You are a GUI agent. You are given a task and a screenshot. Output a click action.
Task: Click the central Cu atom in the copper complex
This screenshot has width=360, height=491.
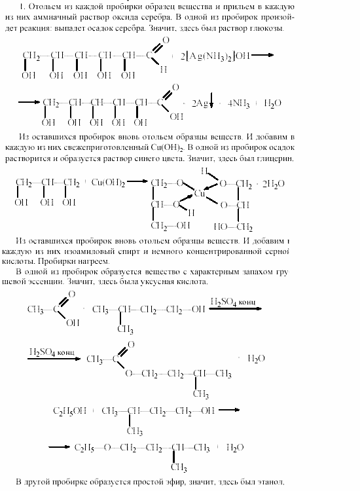pos(201,194)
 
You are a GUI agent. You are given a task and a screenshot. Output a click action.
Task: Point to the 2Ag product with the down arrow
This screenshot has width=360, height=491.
pos(200,103)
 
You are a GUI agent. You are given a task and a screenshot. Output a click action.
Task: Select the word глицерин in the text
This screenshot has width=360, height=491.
pos(274,158)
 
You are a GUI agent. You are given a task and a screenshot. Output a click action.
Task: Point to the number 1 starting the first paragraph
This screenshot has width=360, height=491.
pos(24,5)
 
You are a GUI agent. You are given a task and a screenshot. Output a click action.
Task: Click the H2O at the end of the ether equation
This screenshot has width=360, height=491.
pos(234,447)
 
